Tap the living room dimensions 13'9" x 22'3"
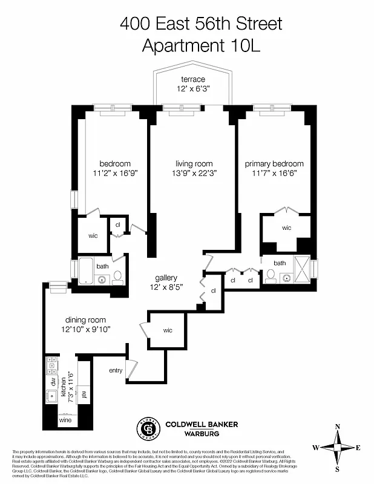coord(194,172)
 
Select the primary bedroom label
coord(274,164)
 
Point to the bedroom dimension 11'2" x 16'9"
coord(115,172)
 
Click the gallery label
coord(166,278)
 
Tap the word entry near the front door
coord(116,370)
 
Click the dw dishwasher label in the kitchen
coord(53,382)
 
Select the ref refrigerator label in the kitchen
coord(84,395)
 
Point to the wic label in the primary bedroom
coord(286,228)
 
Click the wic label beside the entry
coord(168,330)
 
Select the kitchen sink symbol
coord(51,396)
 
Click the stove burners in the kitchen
coord(51,365)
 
